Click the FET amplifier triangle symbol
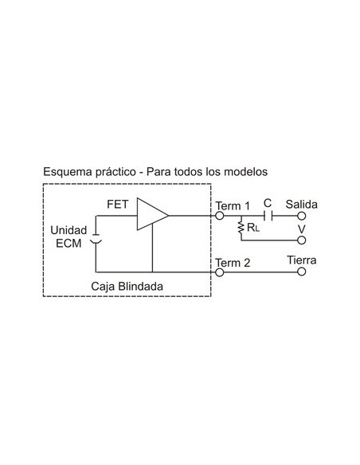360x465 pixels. (x=151, y=215)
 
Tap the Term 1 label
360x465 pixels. (x=233, y=205)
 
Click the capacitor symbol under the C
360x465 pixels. (x=272, y=216)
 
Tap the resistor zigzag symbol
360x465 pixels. (x=240, y=229)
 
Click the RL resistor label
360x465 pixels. (x=253, y=228)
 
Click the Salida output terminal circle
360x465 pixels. (x=301, y=216)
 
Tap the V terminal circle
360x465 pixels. (x=301, y=239)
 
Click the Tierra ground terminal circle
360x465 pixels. (x=301, y=272)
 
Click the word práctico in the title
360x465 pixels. (x=117, y=171)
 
